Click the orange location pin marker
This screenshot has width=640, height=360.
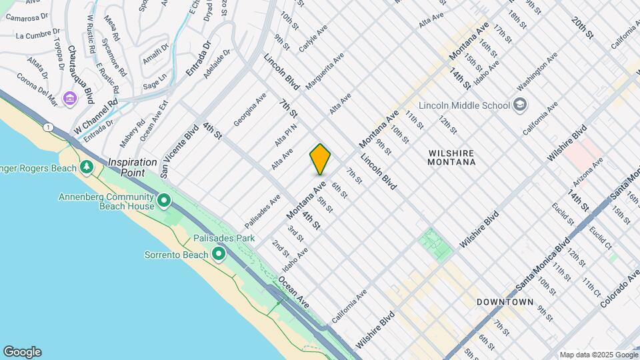pyautogui.click(x=320, y=159)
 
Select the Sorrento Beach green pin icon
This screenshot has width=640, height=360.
pyautogui.click(x=218, y=254)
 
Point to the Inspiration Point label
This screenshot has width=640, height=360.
pyautogui.click(x=133, y=167)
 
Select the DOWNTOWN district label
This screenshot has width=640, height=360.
pyautogui.click(x=505, y=302)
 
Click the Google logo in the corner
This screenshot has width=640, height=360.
pyautogui.click(x=21, y=352)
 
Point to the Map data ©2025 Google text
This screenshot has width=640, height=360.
pyautogui.click(x=598, y=355)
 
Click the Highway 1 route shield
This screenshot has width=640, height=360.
pyautogui.click(x=48, y=126)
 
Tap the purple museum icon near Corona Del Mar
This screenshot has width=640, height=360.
pyautogui.click(x=69, y=99)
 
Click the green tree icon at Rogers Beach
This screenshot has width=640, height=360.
pyautogui.click(x=85, y=166)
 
